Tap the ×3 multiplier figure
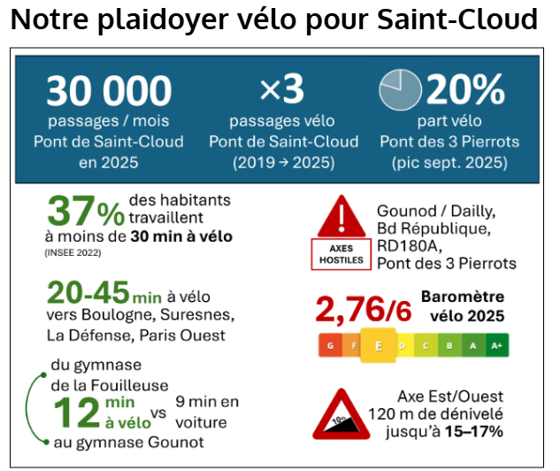[x=283, y=89]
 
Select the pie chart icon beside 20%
[x=400, y=89]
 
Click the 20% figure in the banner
[x=465, y=89]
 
